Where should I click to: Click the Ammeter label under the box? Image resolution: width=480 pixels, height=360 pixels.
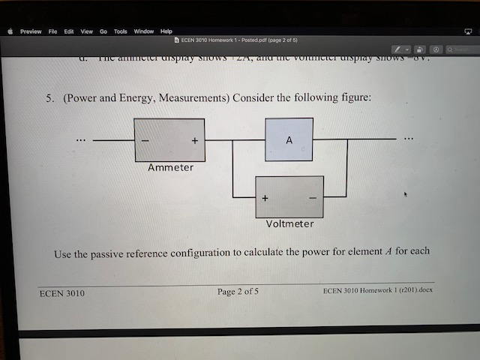point(170,167)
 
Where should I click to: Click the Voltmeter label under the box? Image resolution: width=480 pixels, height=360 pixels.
point(289,223)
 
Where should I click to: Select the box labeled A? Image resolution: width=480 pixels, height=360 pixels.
point(289,139)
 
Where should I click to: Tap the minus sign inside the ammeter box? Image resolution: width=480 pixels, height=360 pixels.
point(145,140)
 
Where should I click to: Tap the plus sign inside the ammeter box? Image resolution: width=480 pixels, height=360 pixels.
point(195,140)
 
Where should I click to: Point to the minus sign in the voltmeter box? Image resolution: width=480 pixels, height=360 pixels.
point(313,198)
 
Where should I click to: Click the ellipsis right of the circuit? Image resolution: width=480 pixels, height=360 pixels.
point(407,139)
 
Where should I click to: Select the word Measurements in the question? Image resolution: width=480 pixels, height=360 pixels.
point(196,98)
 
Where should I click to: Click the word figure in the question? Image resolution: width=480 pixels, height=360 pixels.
point(353,98)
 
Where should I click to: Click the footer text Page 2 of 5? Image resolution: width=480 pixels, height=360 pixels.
point(238,291)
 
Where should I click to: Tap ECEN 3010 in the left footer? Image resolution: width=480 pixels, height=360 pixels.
point(61,293)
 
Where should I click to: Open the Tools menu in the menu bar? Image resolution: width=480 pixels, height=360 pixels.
point(120,31)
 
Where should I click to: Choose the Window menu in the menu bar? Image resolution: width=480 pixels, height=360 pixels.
point(143,31)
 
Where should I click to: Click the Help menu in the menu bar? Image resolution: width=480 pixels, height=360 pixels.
point(166,31)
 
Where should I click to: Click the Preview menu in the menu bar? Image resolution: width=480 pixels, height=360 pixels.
point(31,31)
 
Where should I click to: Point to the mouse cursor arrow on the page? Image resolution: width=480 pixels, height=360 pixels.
point(406,194)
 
